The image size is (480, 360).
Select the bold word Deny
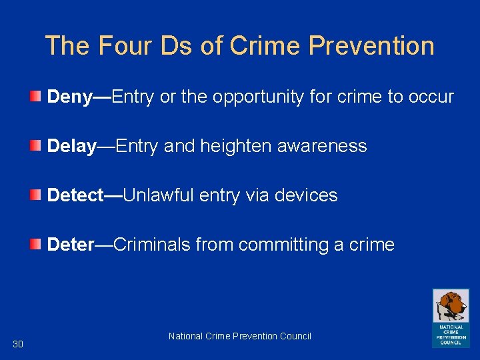(69, 97)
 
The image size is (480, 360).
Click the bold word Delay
(71, 147)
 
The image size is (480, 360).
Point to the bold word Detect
(75, 195)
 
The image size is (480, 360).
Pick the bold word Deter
(71, 245)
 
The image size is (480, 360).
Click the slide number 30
(18, 344)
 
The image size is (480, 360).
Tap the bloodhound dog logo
(451, 307)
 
